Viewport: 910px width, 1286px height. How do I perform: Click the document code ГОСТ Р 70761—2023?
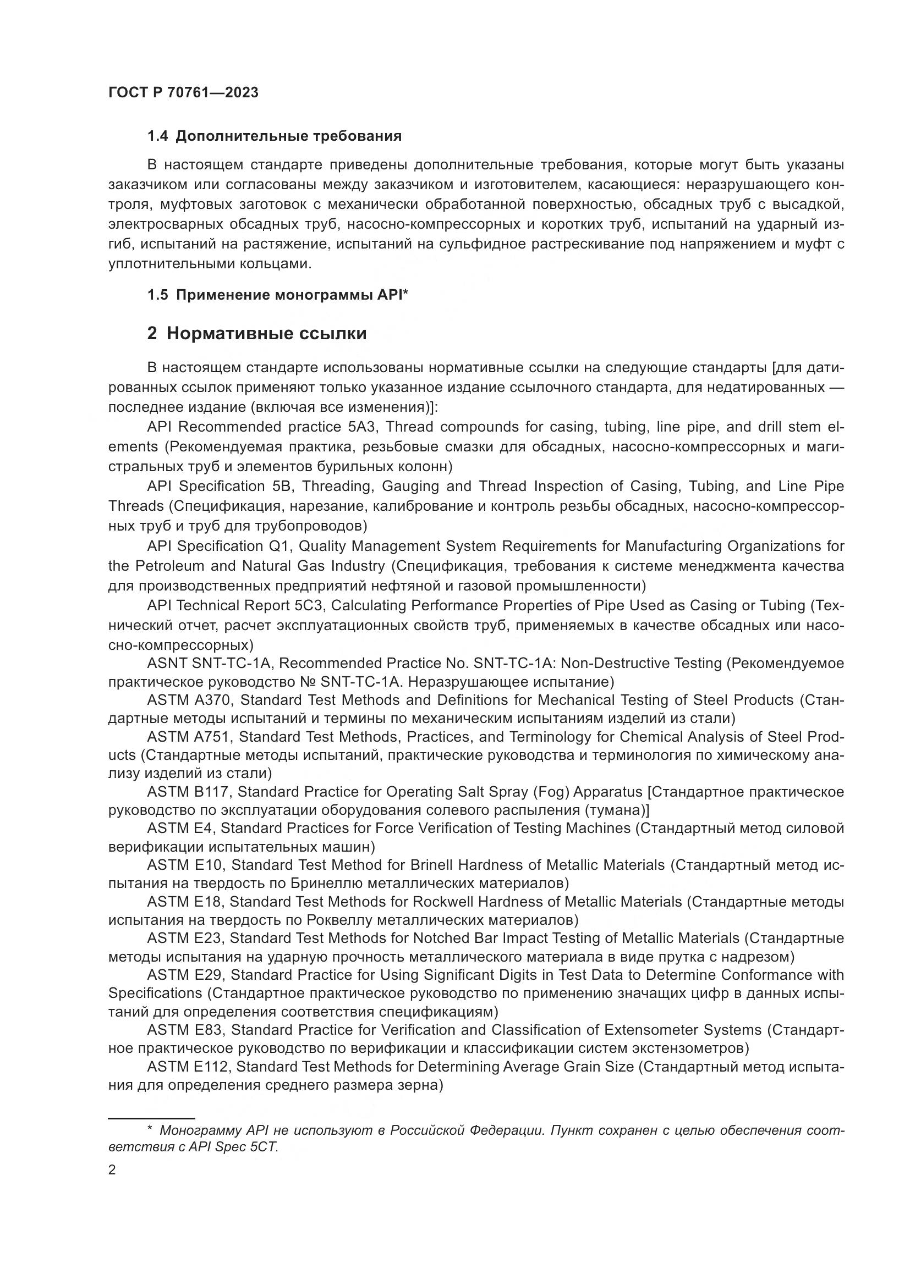(183, 93)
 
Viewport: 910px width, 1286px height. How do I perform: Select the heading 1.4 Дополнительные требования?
(274, 136)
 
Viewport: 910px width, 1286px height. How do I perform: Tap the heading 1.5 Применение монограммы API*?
(277, 295)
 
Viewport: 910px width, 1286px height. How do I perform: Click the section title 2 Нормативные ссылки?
(256, 334)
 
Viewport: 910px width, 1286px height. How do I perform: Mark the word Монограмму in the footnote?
(202, 1130)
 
